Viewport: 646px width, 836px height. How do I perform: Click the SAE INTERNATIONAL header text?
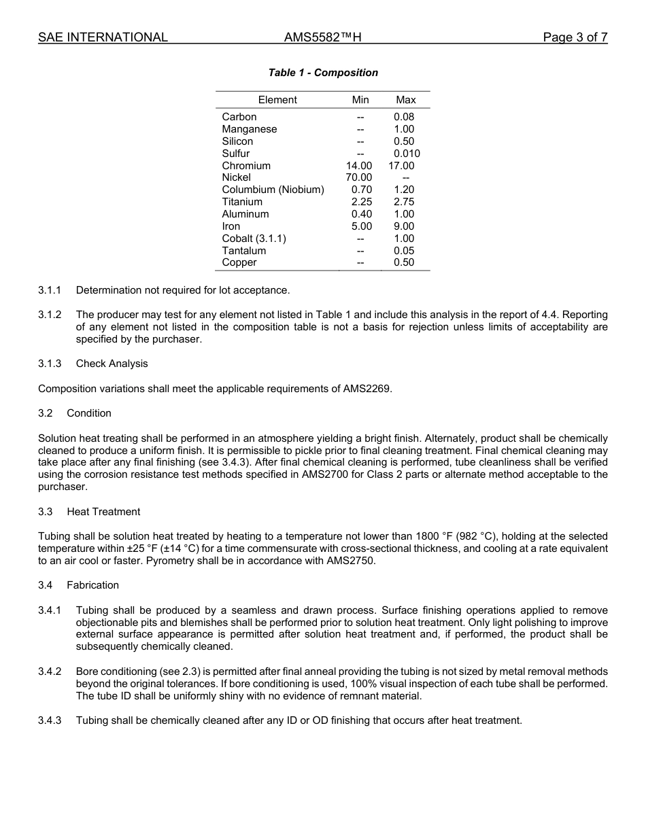pyautogui.click(x=103, y=37)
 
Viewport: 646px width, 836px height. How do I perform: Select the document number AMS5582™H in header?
pyautogui.click(x=322, y=37)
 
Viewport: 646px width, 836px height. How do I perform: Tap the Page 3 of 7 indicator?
pyautogui.click(x=575, y=37)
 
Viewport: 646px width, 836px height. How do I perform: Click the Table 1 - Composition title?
pyautogui.click(x=323, y=73)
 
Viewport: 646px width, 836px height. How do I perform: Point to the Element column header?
pyautogui.click(x=277, y=100)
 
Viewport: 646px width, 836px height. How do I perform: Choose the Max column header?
pyautogui.click(x=405, y=100)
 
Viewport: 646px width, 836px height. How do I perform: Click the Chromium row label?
pyautogui.click(x=246, y=166)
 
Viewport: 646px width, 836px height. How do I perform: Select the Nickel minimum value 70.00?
pyautogui.click(x=359, y=177)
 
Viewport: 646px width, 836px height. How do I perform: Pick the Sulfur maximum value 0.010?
pyautogui.click(x=407, y=154)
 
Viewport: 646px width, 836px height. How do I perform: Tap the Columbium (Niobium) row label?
pyautogui.click(x=273, y=190)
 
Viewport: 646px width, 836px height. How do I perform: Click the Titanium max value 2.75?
pyautogui.click(x=404, y=202)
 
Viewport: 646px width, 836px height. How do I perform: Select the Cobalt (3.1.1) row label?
pyautogui.click(x=254, y=239)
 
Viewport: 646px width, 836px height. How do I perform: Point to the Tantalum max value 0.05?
pyautogui.click(x=404, y=251)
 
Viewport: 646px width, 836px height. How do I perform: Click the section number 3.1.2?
pyautogui.click(x=50, y=315)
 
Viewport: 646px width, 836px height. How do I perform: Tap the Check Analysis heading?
pyautogui.click(x=112, y=364)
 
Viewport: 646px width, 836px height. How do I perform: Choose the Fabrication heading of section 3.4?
pyautogui.click(x=92, y=585)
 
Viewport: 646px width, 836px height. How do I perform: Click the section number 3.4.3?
pyautogui.click(x=50, y=720)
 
